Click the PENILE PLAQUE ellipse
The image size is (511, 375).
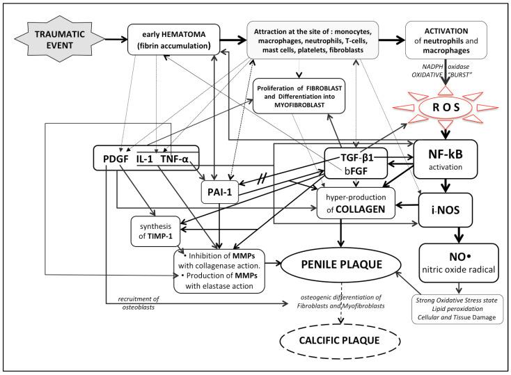[x=340, y=266]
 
